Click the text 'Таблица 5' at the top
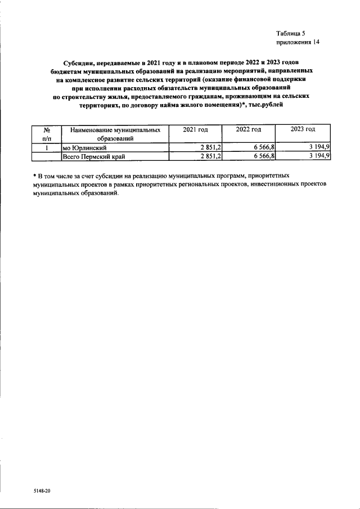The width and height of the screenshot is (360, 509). [x=291, y=34]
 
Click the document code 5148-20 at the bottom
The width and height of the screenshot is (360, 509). [x=42, y=491]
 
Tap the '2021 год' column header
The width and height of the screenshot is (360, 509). [x=195, y=129]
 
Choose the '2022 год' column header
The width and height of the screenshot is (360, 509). [x=248, y=129]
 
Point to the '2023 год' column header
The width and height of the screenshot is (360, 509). [x=303, y=129]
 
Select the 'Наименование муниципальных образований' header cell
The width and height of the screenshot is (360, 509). [x=115, y=133]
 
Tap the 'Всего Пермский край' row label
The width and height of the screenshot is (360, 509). [x=93, y=156]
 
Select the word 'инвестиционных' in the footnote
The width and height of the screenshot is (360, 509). [x=272, y=183]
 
